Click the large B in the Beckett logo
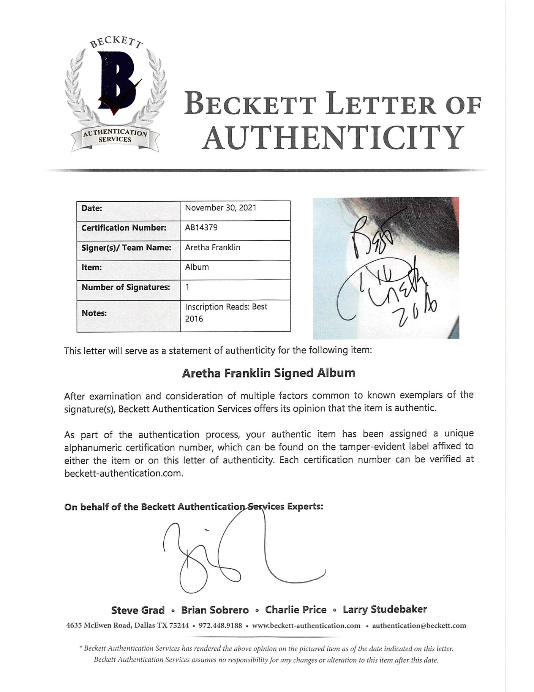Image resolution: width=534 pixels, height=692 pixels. (116, 82)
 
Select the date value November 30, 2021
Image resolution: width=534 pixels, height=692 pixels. (220, 208)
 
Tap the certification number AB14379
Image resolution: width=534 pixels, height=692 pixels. (201, 228)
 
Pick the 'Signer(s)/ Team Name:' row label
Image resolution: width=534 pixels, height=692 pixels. (126, 248)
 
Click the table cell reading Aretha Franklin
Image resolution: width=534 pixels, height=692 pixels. (213, 247)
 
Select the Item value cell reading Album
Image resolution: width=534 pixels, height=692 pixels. (197, 267)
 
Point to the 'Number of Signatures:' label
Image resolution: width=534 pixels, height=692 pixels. (126, 287)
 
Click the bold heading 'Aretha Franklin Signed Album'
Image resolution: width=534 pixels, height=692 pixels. (269, 373)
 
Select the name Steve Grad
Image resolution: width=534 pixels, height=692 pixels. (138, 610)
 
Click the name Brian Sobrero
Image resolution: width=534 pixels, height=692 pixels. (215, 610)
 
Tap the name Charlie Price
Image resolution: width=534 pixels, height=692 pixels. (296, 610)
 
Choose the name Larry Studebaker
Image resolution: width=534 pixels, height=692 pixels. (385, 610)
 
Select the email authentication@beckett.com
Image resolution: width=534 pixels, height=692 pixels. (419, 626)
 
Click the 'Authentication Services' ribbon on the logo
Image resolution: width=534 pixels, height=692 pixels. (115, 136)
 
